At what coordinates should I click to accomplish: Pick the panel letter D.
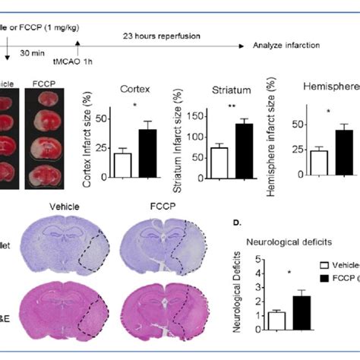238,224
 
